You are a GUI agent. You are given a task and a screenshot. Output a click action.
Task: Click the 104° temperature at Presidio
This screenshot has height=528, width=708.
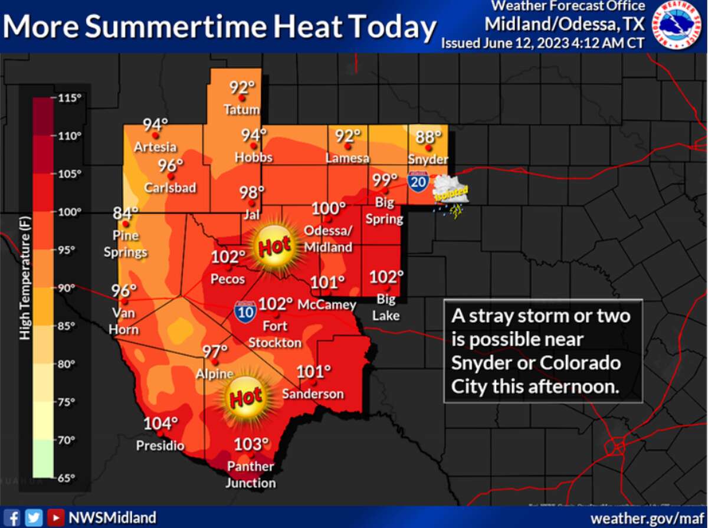click(x=160, y=423)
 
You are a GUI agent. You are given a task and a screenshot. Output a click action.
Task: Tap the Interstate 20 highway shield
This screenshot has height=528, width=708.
click(x=418, y=180)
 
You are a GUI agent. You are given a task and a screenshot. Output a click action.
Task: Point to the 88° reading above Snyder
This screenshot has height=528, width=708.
click(x=429, y=137)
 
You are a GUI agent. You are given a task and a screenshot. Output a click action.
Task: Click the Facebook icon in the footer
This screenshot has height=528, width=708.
click(x=15, y=517)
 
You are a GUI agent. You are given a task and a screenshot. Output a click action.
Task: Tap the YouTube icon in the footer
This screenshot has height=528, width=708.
click(x=55, y=517)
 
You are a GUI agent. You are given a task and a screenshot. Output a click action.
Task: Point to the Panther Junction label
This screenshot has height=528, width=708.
click(x=251, y=474)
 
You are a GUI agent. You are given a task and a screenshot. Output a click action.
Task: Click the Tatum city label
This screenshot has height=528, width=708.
click(x=241, y=110)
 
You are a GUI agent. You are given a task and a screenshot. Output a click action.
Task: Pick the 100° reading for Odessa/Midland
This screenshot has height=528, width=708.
click(x=329, y=208)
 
